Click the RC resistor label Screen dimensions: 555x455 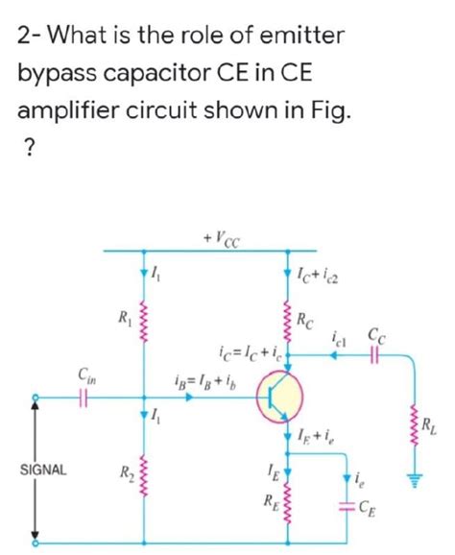(305, 320)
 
